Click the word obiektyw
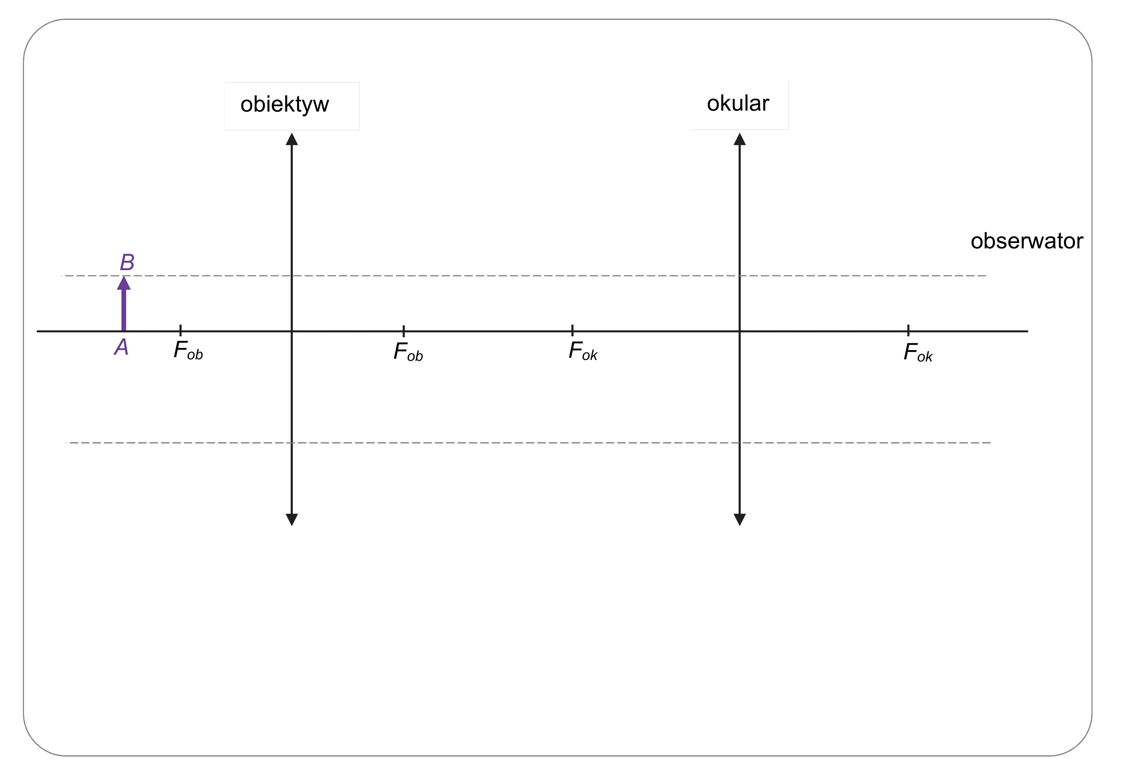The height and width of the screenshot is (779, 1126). click(285, 104)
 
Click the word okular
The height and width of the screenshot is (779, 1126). click(738, 104)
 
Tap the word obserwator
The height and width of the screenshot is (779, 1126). click(1026, 241)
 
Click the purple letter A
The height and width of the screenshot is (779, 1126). click(121, 347)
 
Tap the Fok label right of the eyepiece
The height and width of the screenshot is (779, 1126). click(918, 353)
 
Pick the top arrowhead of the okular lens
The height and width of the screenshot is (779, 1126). click(740, 134)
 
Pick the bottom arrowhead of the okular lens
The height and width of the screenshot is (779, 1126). click(740, 525)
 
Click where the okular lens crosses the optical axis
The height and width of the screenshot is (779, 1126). click(740, 331)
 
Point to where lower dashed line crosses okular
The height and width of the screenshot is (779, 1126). click(740, 443)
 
